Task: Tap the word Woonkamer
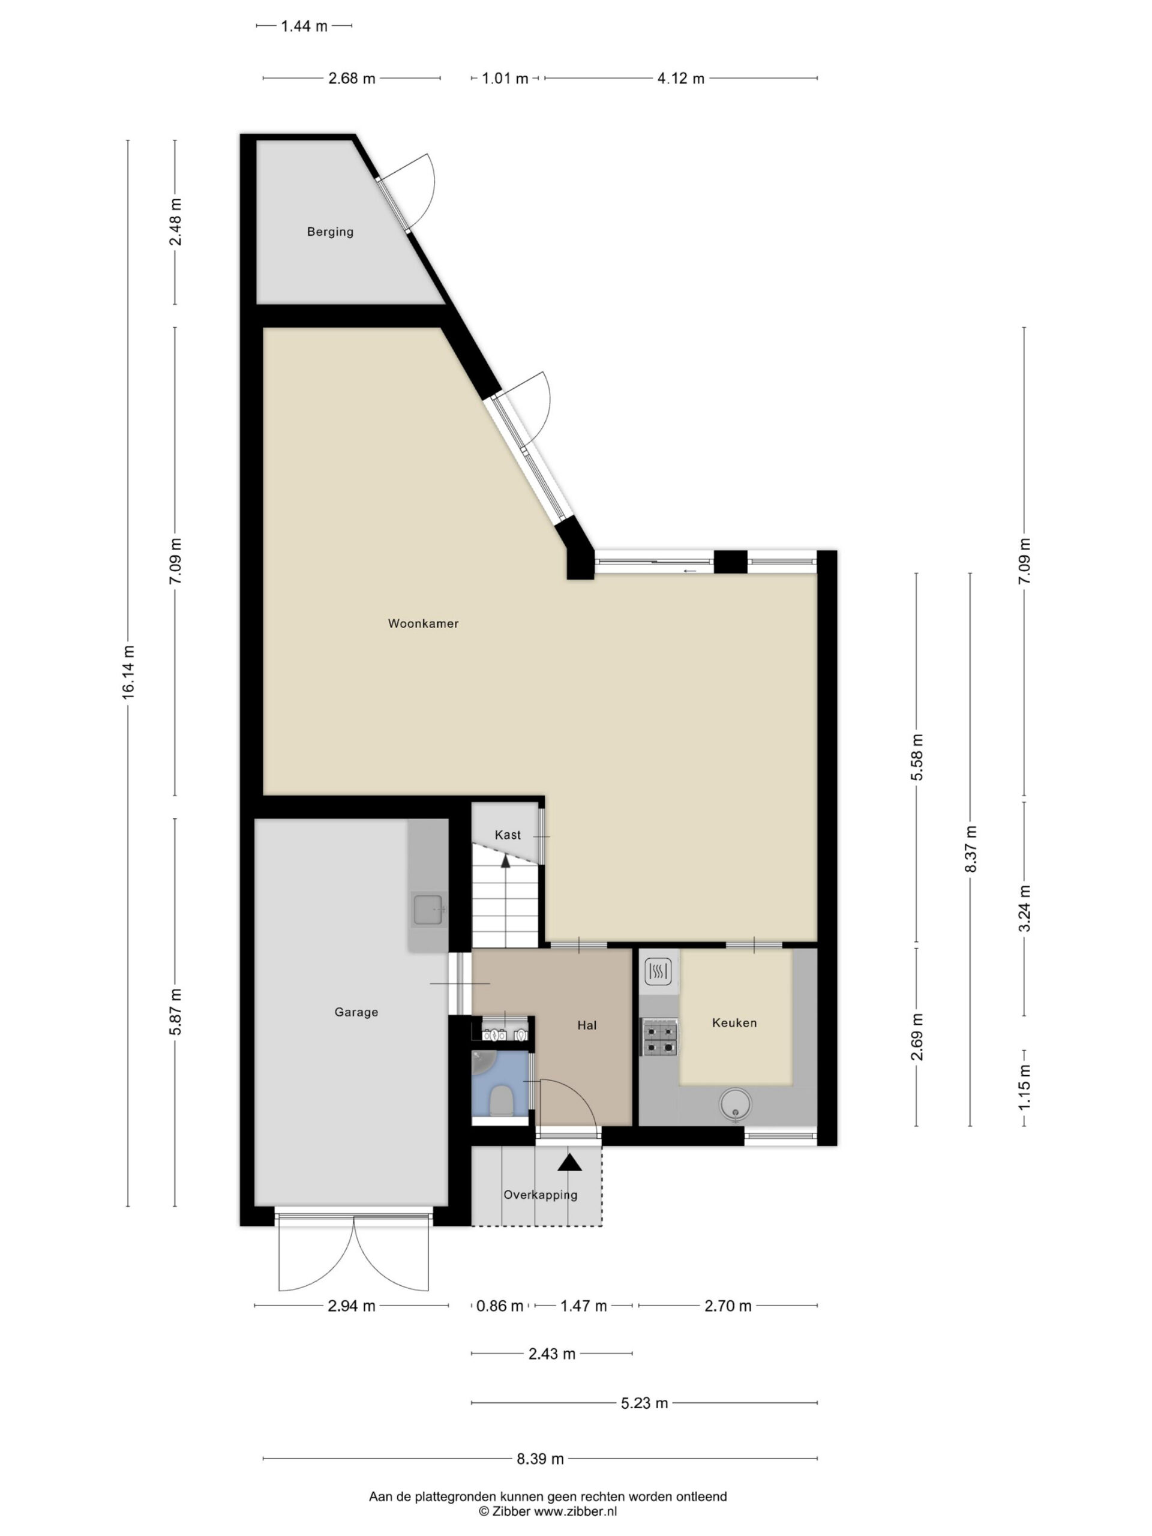click(x=423, y=623)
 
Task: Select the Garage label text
click(x=356, y=1012)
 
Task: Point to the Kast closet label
click(x=508, y=835)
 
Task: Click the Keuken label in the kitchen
click(x=734, y=1023)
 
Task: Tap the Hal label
click(x=587, y=1025)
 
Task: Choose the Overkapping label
click(x=540, y=1195)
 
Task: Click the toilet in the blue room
click(x=500, y=1100)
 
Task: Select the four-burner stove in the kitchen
click(x=659, y=1037)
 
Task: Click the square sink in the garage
click(x=428, y=910)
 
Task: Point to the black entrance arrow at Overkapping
click(x=569, y=1162)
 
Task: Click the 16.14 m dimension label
click(x=128, y=672)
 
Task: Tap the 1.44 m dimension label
click(x=304, y=26)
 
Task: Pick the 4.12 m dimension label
click(x=680, y=79)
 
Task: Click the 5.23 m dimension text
click(x=644, y=1403)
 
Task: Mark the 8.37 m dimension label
click(x=971, y=849)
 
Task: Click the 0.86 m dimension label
click(x=499, y=1306)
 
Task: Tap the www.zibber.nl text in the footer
click(x=575, y=1511)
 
